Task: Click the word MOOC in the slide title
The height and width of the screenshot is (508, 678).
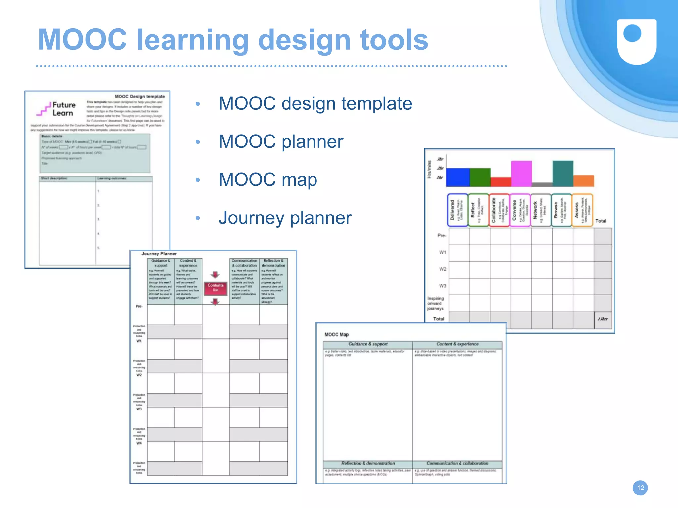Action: [83, 40]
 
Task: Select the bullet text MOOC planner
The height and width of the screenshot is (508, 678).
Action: [281, 141]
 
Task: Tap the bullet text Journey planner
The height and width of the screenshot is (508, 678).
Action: [285, 218]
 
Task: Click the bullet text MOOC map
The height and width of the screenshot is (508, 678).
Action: [268, 179]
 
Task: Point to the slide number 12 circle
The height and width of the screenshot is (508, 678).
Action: [640, 488]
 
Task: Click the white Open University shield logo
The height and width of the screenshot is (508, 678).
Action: [637, 41]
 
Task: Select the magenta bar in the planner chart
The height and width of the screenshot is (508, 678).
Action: [521, 174]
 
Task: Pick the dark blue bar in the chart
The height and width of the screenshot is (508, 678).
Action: [458, 177]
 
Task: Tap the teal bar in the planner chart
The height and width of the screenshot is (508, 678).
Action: [562, 174]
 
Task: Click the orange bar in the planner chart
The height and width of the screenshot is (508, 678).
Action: [584, 181]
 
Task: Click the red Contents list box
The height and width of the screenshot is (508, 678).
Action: [216, 288]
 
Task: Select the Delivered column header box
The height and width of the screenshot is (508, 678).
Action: [458, 210]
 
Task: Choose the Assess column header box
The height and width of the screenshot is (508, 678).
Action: [582, 210]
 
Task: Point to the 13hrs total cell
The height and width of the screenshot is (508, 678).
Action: [603, 319]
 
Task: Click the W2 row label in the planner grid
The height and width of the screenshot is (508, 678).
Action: [443, 269]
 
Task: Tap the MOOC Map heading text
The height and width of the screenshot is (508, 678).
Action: [336, 334]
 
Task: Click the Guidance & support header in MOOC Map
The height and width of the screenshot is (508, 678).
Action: [368, 344]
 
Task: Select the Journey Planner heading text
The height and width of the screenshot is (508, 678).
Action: [159, 254]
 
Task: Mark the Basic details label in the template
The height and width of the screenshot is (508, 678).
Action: [52, 136]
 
